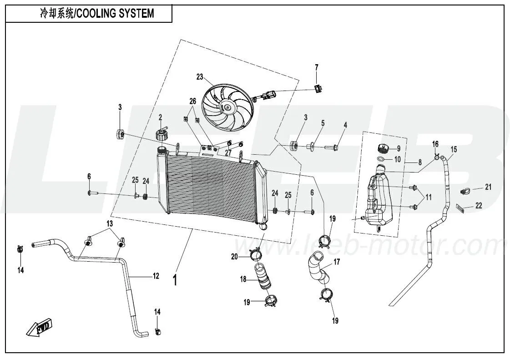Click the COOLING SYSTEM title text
[x=96, y=13]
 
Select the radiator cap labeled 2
[x=162, y=135]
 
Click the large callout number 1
[x=175, y=280]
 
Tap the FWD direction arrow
[x=39, y=329]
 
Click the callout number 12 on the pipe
[x=156, y=276]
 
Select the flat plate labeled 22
[x=460, y=208]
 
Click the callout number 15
[x=454, y=149]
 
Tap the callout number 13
[x=109, y=223]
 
